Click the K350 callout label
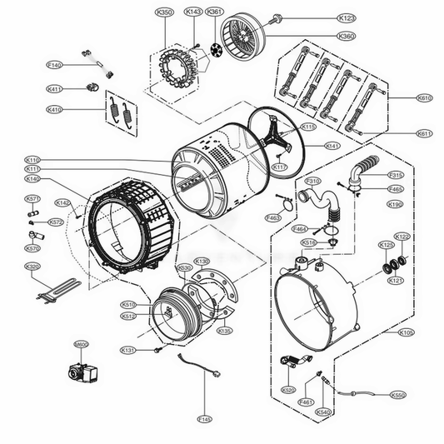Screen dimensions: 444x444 [165, 12]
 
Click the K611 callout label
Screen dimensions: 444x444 [424, 133]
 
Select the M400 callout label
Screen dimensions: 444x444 [82, 343]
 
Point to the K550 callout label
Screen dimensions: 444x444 [398, 395]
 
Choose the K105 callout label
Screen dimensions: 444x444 [406, 332]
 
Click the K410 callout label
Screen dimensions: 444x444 [55, 109]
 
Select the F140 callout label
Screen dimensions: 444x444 [55, 65]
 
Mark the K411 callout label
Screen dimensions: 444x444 [55, 88]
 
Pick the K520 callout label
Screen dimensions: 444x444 [287, 390]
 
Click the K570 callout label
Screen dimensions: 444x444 [32, 248]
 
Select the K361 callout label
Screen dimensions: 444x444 [215, 12]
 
